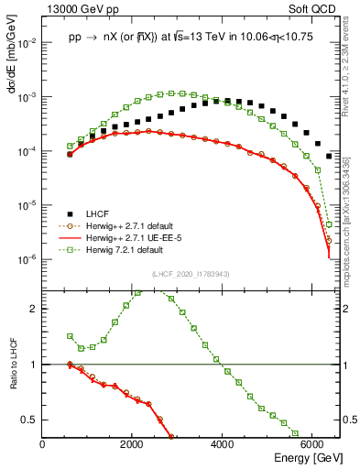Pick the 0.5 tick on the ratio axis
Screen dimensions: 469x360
[30, 420]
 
